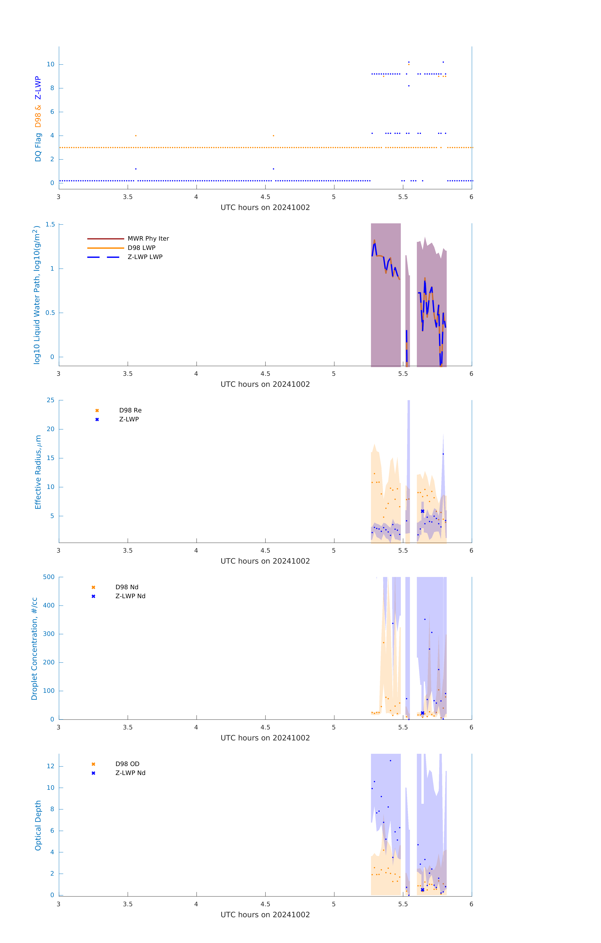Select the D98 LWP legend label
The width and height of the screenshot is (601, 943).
click(141, 248)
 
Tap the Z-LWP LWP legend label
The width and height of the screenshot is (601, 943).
click(145, 257)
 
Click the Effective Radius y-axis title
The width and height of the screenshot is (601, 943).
click(38, 472)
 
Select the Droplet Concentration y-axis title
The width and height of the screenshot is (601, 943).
click(34, 649)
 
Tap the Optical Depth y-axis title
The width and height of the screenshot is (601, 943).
click(38, 825)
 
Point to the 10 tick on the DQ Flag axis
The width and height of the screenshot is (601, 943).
click(50, 64)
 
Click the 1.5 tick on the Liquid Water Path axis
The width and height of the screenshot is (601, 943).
click(50, 224)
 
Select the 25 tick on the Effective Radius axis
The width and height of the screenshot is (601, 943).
click(50, 400)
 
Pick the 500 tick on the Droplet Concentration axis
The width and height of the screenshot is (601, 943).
click(49, 577)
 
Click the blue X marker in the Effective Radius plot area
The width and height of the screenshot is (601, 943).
click(423, 511)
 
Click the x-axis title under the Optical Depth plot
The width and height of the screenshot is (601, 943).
click(265, 915)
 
